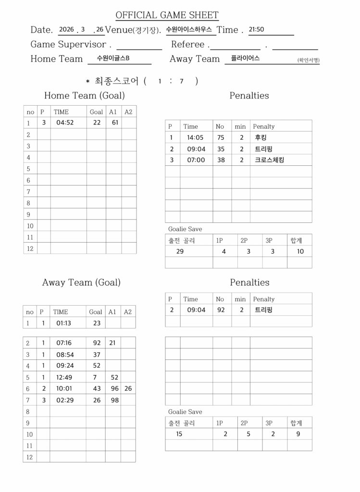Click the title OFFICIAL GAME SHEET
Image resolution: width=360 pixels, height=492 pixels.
point(167,15)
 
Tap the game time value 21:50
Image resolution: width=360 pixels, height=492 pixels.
point(256,29)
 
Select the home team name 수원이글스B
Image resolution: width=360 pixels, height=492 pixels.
point(113,59)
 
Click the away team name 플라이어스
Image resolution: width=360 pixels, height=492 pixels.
point(245,58)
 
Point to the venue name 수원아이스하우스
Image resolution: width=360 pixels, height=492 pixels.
point(188,29)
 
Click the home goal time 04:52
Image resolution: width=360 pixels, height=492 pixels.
point(65,123)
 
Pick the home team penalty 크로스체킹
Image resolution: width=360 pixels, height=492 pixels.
point(269,160)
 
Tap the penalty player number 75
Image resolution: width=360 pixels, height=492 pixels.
point(221,137)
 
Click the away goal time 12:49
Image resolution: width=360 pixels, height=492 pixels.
point(64,377)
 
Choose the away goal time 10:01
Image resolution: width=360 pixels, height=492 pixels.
point(64,389)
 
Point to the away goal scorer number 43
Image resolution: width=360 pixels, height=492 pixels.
point(97,389)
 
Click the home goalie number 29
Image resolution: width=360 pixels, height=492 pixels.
point(180,251)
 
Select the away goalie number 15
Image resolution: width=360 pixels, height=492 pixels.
point(179,434)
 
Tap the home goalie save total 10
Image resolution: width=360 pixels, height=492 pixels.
point(300,251)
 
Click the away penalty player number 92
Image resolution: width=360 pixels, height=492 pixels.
point(221,310)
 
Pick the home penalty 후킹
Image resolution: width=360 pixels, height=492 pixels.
point(261,137)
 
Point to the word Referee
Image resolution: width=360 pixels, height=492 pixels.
point(188,44)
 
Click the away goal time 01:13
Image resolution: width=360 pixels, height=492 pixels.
point(64,323)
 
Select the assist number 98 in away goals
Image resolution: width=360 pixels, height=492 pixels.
point(114,400)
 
